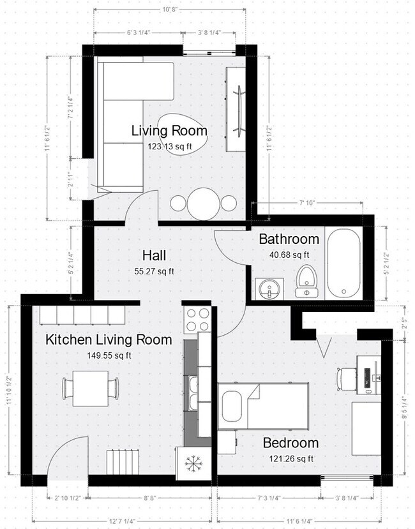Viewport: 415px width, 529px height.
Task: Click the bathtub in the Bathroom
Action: pyautogui.click(x=344, y=264)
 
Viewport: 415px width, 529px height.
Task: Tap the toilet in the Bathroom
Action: pyautogui.click(x=306, y=281)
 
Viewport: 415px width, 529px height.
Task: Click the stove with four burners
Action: pyautogui.click(x=198, y=319)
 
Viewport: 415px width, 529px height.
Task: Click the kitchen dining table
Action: pyautogui.click(x=90, y=388)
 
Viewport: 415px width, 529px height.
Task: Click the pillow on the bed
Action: pyautogui.click(x=232, y=406)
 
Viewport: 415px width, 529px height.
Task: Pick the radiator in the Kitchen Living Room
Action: pyautogui.click(x=123, y=462)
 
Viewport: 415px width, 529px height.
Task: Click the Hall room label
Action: pyautogui.click(x=155, y=256)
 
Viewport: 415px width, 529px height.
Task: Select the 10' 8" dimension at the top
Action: pyautogui.click(x=169, y=10)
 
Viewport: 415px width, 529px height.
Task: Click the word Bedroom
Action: pyautogui.click(x=290, y=443)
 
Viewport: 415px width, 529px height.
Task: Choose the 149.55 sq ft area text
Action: pyautogui.click(x=108, y=355)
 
